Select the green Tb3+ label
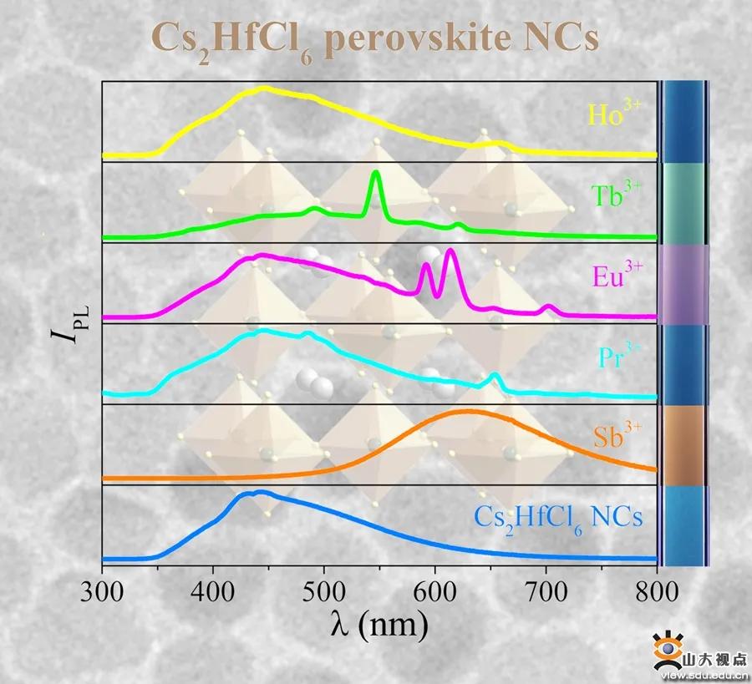(x=617, y=195)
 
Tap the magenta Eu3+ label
(x=617, y=276)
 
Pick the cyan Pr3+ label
(x=617, y=357)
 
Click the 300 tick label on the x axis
(x=102, y=591)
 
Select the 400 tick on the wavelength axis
(x=213, y=591)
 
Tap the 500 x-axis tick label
(x=324, y=591)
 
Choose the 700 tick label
(x=546, y=591)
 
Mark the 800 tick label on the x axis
(x=657, y=591)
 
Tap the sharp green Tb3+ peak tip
(x=375, y=173)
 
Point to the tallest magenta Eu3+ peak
(x=451, y=251)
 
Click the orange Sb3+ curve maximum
(x=468, y=411)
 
